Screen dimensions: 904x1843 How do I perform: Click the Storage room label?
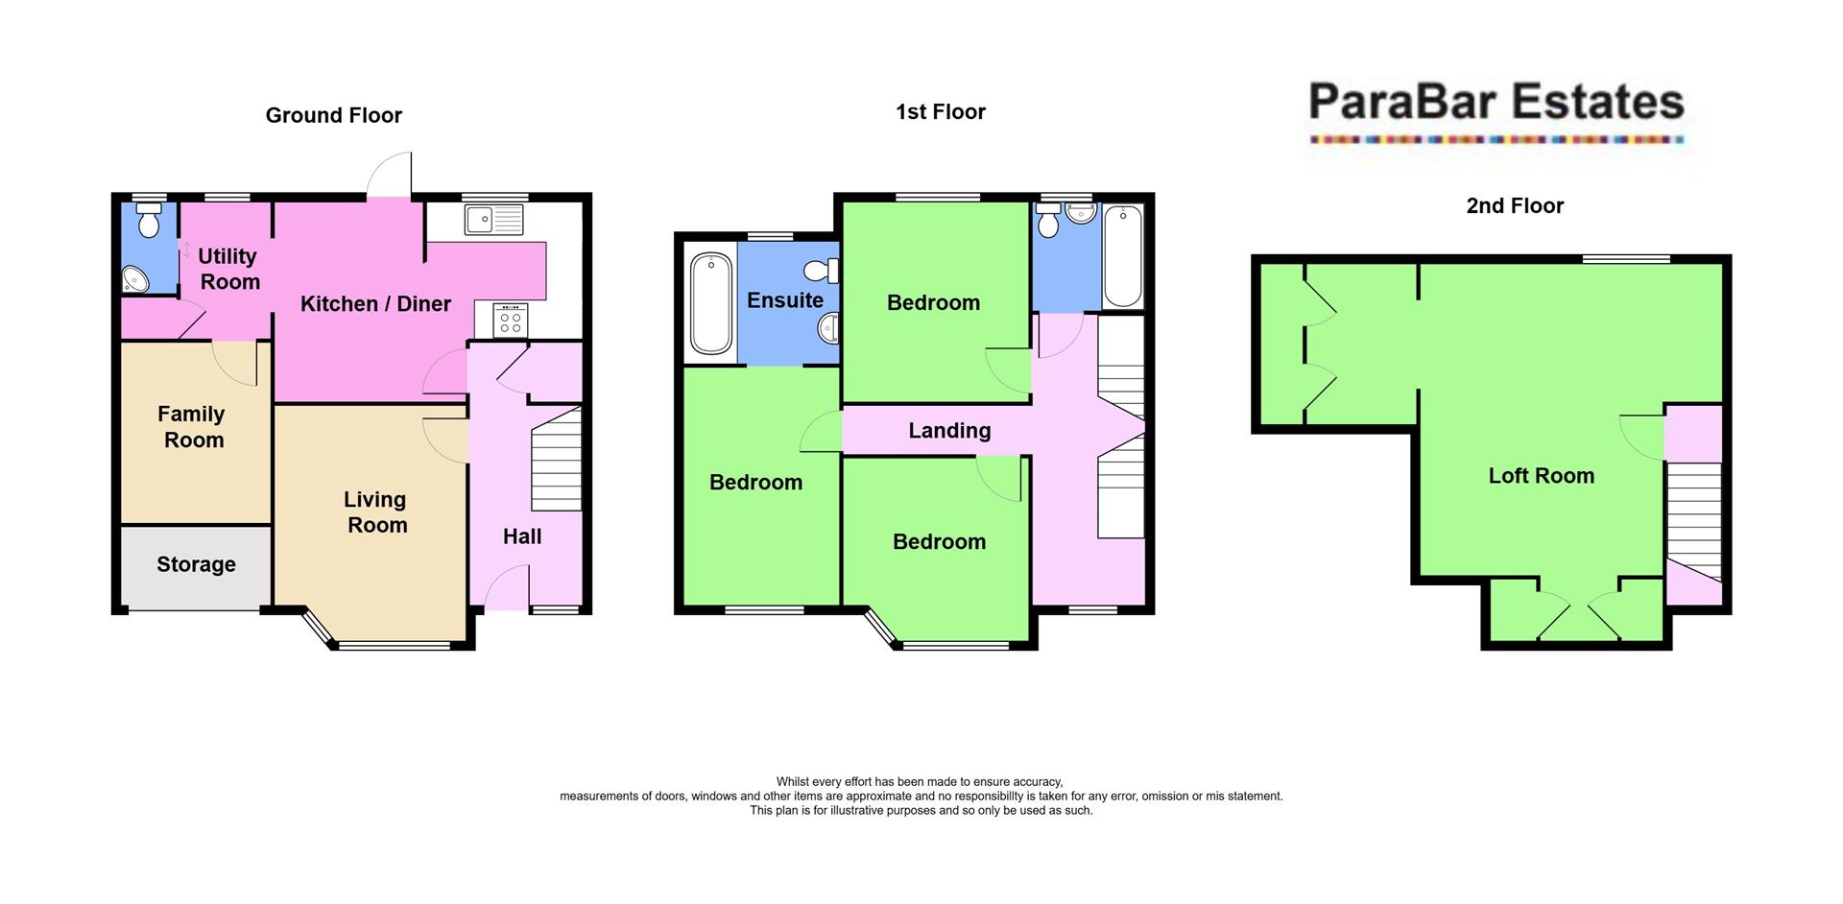[x=196, y=564]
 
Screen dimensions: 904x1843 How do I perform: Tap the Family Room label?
[x=193, y=427]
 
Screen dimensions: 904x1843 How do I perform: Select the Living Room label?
[x=376, y=512]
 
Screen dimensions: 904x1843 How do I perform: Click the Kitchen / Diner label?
[x=375, y=304]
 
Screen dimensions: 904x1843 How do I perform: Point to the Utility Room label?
[x=228, y=269]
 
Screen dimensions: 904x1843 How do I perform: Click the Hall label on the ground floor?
[x=522, y=536]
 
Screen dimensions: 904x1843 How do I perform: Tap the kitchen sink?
[x=494, y=220]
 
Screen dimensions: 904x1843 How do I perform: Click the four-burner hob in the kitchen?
[x=511, y=321]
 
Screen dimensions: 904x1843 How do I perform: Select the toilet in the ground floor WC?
[x=149, y=221]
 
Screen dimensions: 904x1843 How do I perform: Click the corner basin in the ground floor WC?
[x=135, y=279]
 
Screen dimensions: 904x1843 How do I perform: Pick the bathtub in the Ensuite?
[x=710, y=302]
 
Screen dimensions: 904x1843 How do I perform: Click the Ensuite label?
[x=785, y=300]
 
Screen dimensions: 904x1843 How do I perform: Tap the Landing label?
[x=949, y=431]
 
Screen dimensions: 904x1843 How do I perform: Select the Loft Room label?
[x=1541, y=476]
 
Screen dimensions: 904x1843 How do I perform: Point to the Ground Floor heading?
[x=333, y=115]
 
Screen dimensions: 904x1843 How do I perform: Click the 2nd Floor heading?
[x=1515, y=205]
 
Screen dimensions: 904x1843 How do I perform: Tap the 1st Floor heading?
[x=940, y=112]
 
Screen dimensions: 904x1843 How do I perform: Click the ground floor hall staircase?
[x=557, y=459]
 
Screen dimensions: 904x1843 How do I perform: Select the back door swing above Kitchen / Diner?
[x=392, y=177]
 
